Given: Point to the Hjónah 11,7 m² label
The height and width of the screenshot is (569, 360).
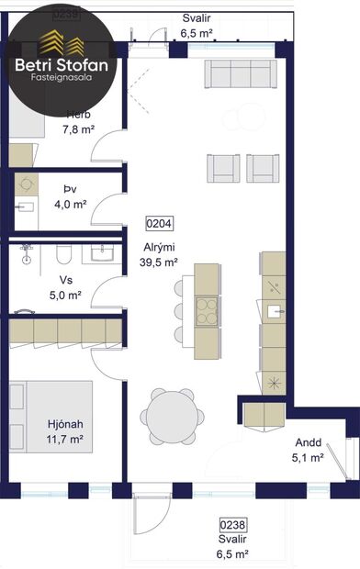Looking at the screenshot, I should point(66,432).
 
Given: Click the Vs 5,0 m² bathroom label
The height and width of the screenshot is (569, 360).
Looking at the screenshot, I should point(65,288).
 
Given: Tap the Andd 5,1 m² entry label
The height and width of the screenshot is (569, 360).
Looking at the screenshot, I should point(308,449).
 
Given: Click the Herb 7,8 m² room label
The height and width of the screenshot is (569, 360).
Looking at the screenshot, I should point(78,122).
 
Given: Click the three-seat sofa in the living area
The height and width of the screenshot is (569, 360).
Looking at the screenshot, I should point(242,73).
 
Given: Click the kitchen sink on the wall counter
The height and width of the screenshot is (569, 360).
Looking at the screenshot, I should point(274,311).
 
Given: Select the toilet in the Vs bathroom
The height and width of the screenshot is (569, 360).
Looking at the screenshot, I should point(64,254).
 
